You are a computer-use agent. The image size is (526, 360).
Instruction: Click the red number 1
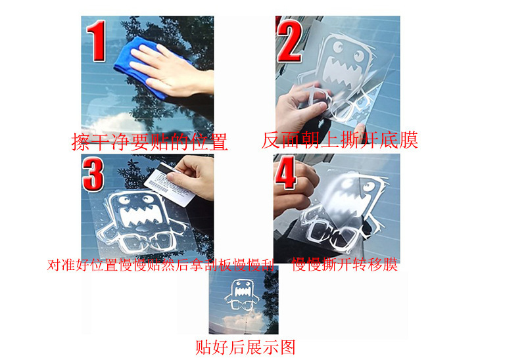pos(97,41)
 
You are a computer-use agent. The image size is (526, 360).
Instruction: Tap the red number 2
pos(289,41)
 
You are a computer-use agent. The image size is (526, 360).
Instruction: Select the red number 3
pos(93,174)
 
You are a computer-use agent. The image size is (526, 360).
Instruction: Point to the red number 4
pos(285,172)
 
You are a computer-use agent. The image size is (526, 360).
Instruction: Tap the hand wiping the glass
pos(171,70)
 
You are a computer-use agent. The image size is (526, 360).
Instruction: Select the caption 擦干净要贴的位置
pos(150,142)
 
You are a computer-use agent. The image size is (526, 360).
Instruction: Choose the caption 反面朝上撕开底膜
pos(339,139)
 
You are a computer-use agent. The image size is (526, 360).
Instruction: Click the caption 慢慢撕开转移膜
pos(345,264)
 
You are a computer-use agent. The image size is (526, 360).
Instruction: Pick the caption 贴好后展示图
pos(245,347)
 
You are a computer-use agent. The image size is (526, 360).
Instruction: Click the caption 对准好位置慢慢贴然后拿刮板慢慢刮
pos(160,265)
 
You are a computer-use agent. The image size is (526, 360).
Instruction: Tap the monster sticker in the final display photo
pos(241,295)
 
